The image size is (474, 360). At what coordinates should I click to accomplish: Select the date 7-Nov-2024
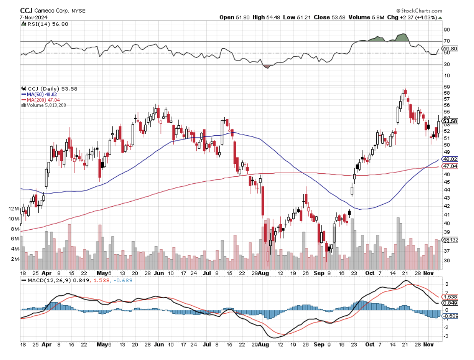34,17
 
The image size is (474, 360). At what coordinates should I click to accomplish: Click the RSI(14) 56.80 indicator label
47,24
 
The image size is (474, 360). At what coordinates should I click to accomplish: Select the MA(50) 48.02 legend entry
45,94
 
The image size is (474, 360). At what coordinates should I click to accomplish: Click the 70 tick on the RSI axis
447,41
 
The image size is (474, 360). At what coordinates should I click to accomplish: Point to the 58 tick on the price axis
447,93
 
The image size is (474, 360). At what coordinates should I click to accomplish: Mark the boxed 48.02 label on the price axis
450,160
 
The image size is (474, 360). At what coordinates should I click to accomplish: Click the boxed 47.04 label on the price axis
450,166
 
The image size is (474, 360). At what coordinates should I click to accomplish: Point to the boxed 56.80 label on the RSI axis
450,48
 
